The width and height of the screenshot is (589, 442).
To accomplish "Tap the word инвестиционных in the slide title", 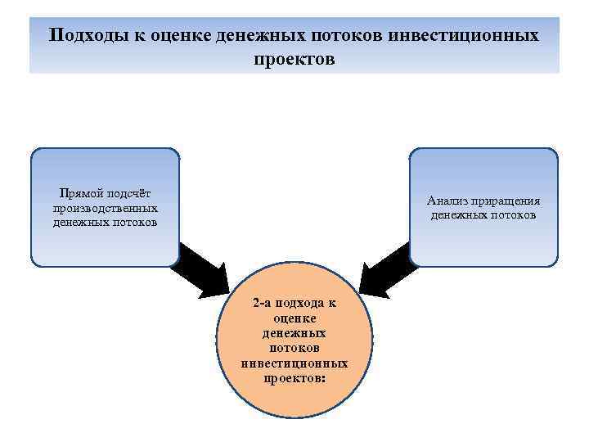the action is tap(463, 36).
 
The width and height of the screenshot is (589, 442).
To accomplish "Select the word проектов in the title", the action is tap(294, 61).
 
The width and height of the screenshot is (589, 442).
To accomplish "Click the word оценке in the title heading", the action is tap(178, 36).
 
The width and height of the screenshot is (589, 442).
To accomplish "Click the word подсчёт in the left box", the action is tap(127, 194).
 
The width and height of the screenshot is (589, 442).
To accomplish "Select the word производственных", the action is tap(104, 208).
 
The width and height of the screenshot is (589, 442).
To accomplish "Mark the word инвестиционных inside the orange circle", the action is tap(294, 363).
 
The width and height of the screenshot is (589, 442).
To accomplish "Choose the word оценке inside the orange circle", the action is tap(294, 318).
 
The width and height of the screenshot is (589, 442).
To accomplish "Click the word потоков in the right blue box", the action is tap(511, 215).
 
